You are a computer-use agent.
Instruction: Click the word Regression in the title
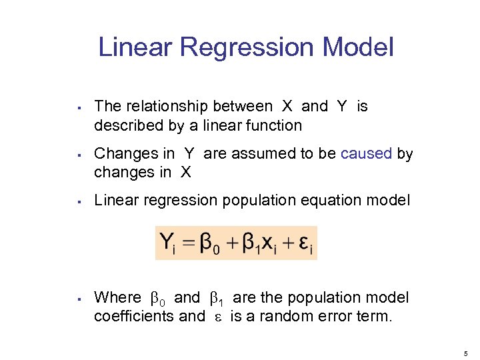click(247, 48)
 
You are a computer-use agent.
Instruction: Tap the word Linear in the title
click(135, 48)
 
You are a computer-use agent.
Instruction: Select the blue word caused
click(366, 154)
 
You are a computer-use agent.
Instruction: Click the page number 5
click(467, 353)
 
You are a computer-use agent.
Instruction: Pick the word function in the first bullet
click(275, 125)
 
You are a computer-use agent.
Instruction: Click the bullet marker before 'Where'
click(79, 298)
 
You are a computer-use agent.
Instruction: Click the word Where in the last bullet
click(118, 297)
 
